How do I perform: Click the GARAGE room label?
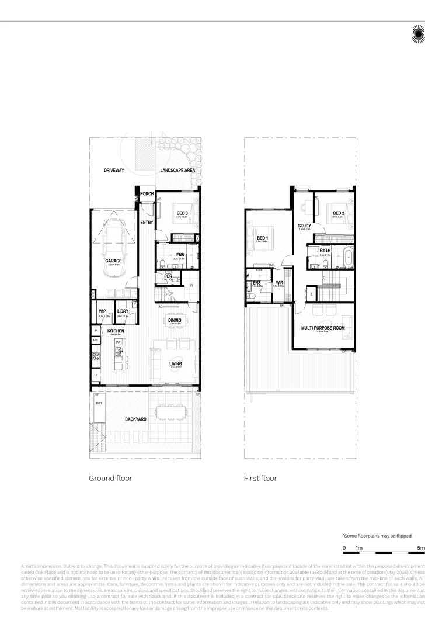[x=113, y=261]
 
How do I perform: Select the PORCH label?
[x=147, y=193]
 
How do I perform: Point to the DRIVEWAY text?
[x=114, y=170]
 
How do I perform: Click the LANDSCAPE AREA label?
[x=177, y=170]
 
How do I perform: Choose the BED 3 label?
[x=182, y=213]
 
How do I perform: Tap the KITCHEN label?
[x=116, y=331]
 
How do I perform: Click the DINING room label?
[x=175, y=320]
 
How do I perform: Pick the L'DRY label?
[x=123, y=311]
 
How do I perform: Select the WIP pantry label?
[x=102, y=311]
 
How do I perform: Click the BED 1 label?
[x=262, y=238]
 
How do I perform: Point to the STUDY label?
[x=304, y=226]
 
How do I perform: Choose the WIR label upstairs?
[x=280, y=283]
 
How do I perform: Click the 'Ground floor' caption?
[x=110, y=478]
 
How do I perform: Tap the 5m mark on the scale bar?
[x=421, y=547]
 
